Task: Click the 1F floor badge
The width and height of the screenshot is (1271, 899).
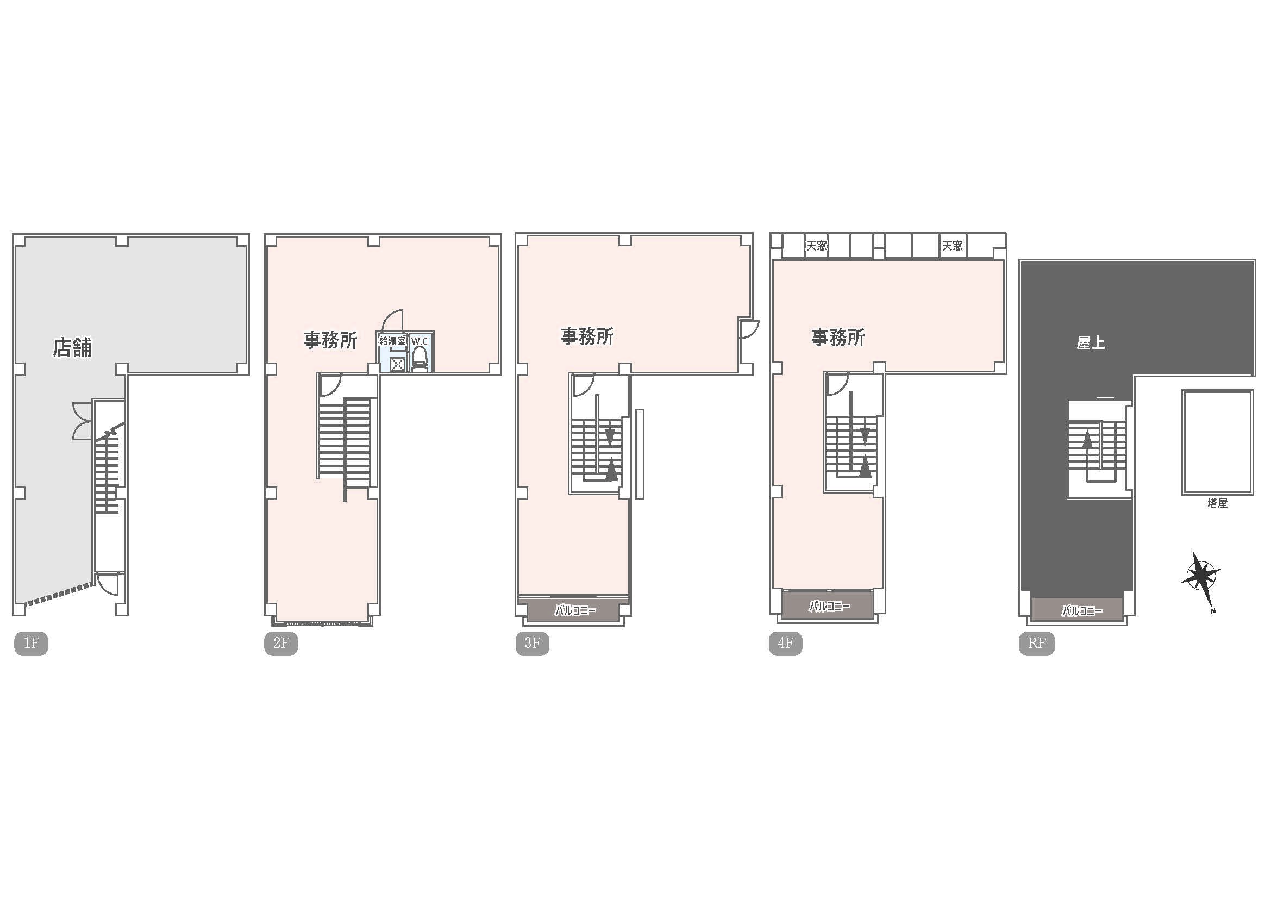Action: click(31, 643)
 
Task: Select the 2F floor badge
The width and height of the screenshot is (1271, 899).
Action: click(281, 643)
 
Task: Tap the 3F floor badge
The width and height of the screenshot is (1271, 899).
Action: click(532, 643)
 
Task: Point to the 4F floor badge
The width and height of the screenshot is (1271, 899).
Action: click(786, 643)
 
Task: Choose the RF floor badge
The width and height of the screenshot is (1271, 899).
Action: click(1037, 643)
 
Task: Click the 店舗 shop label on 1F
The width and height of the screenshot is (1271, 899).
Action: click(72, 348)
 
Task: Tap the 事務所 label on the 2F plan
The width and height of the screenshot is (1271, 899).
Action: click(330, 340)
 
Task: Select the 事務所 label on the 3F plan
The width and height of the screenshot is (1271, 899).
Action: click(587, 336)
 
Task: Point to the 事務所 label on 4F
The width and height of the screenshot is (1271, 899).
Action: click(838, 337)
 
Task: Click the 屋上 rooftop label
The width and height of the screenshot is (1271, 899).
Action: click(1091, 343)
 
